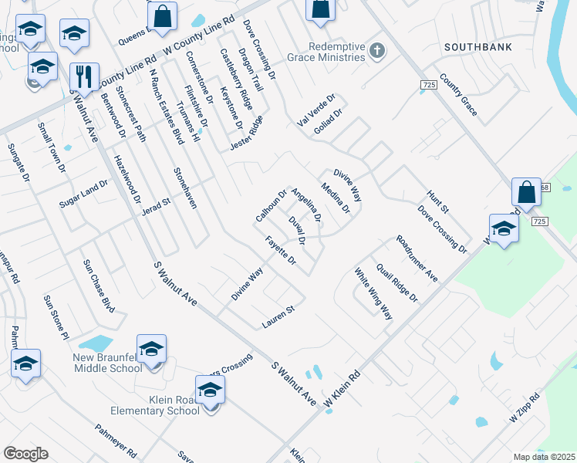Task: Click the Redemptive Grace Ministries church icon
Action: [377, 51]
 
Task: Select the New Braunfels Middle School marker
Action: [151, 350]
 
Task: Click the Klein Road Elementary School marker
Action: [210, 391]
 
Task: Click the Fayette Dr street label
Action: [281, 250]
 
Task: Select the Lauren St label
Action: [278, 316]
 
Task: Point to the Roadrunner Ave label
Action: [416, 259]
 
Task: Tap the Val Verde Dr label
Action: [316, 111]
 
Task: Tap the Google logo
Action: [25, 454]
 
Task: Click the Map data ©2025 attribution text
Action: [544, 457]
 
